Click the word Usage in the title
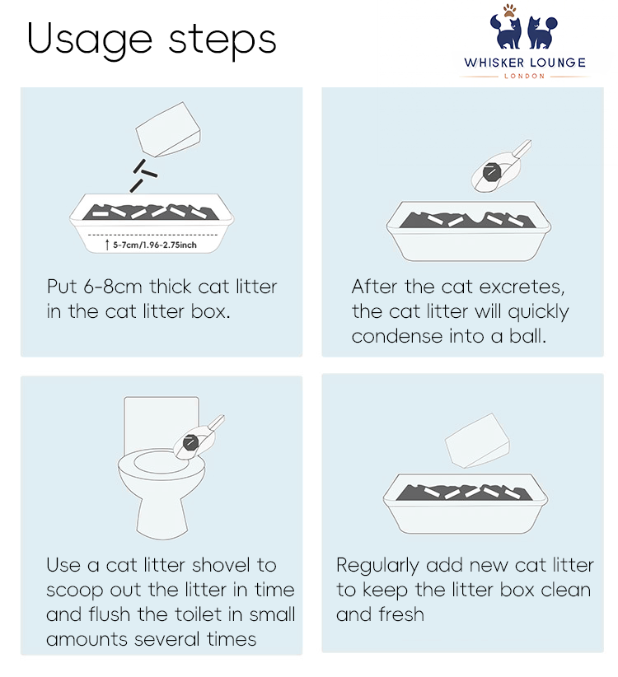[x=89, y=40]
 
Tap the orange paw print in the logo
[x=509, y=11]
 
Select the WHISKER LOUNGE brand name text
[x=525, y=63]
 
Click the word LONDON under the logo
[x=524, y=77]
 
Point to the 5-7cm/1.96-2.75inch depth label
[x=155, y=245]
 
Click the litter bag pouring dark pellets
[x=168, y=129]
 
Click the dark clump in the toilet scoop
[x=190, y=442]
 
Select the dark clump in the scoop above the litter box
[x=491, y=172]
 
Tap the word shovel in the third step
[x=221, y=565]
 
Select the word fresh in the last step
[x=401, y=614]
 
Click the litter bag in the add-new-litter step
[x=477, y=441]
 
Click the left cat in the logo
[x=506, y=32]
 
